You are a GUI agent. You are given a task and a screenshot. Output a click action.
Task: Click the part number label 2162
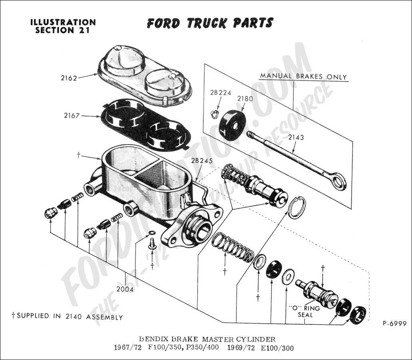[69, 78]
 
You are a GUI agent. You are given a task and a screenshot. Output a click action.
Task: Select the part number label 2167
[72, 116]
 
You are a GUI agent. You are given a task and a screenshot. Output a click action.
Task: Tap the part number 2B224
[220, 93]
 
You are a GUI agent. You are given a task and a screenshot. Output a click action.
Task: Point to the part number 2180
[245, 98]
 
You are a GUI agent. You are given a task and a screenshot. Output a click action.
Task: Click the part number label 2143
[295, 138]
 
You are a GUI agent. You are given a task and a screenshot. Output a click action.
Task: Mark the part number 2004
[125, 289]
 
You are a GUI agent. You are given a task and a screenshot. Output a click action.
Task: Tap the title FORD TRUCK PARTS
[210, 23]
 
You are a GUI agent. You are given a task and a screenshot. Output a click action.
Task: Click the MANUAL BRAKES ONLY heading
[303, 77]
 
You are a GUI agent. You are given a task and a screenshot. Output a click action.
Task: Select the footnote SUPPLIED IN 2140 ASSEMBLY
[67, 317]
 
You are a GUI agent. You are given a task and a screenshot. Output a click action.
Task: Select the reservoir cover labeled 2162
[145, 76]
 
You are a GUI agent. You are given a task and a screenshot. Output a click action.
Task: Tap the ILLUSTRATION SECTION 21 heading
[63, 26]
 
